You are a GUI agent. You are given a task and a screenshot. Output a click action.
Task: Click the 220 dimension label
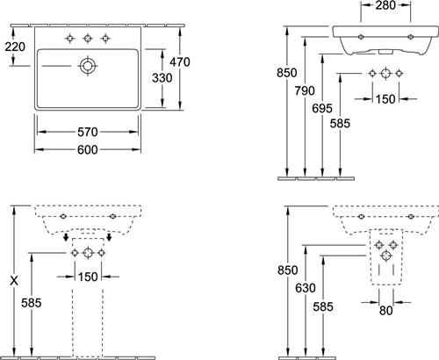coord(15,47)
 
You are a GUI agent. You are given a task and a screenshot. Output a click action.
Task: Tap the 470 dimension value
coord(180,62)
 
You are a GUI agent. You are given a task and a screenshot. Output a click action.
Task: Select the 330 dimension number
coord(162,78)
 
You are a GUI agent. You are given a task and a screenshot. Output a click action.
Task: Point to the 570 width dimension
coord(88,132)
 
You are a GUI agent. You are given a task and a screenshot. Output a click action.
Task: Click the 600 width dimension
coord(88,150)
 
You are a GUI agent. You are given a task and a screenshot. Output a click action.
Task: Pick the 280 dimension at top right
coord(385,5)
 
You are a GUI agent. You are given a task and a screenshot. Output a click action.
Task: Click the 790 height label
coord(305,91)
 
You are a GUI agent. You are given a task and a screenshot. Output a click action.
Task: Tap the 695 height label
coord(322,109)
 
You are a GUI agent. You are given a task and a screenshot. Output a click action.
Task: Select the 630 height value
coord(306,288)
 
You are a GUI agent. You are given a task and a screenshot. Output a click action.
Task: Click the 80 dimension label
coord(385,311)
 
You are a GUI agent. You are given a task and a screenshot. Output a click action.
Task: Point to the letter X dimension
coord(14,281)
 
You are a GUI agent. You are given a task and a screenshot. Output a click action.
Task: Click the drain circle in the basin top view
coord(88,66)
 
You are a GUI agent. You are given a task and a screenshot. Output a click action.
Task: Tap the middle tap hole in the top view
coord(88,38)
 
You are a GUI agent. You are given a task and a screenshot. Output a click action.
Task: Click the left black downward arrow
coord(67,237)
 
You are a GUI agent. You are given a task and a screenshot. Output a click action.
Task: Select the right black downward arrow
coord(109,237)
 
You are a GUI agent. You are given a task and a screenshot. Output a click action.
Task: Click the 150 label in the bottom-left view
coord(88,277)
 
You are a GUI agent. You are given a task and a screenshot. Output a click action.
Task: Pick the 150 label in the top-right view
coord(385,99)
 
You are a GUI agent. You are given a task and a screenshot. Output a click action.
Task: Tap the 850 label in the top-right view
coord(287,73)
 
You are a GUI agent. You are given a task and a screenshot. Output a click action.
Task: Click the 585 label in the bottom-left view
coord(32,303)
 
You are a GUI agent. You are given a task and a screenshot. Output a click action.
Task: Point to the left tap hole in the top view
coord(69,38)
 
